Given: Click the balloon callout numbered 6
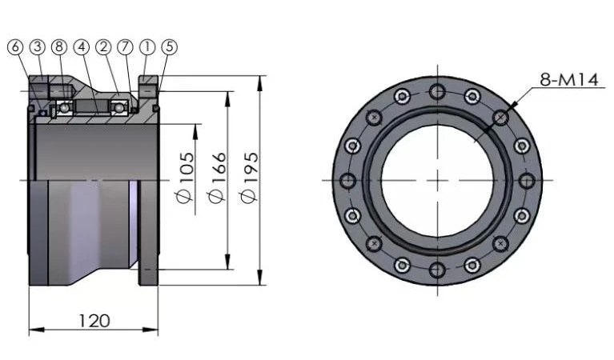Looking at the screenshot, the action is point(15,47).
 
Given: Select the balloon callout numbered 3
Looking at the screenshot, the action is point(37,47).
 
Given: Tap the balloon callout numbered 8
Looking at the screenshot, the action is point(59,47).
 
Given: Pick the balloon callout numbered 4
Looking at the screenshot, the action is point(82,47).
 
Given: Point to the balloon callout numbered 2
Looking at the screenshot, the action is point(103,47).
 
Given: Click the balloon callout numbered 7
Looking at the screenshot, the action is point(126,47).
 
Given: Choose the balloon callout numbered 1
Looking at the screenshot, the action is point(147,47).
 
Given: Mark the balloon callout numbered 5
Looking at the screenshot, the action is point(169,47).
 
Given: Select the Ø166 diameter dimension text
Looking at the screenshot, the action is point(218,178).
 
